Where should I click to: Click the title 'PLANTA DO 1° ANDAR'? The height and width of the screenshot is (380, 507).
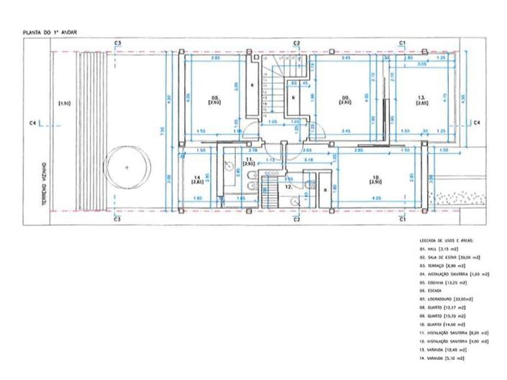[50, 32]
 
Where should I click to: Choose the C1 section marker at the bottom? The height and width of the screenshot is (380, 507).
[403, 220]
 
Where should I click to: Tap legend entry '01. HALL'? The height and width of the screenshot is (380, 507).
[442, 248]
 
